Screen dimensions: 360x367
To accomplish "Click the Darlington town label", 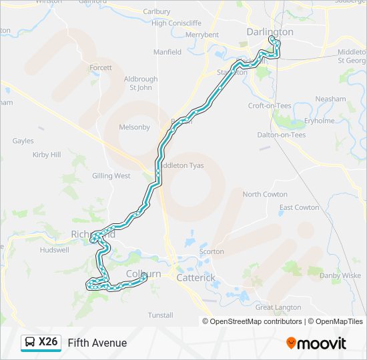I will [270, 32].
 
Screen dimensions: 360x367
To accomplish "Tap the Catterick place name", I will [196, 277].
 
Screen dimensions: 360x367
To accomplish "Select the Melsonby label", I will [134, 127].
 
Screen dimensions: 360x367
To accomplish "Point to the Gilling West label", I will [111, 176].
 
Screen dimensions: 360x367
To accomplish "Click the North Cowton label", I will [265, 194].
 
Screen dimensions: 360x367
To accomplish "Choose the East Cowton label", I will [299, 207].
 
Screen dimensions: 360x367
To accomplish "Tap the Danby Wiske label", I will [340, 275].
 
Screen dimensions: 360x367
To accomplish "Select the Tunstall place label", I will [160, 315].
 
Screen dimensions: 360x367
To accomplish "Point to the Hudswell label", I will [54, 251].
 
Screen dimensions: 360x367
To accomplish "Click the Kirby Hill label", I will [47, 155].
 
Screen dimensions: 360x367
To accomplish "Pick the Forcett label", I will [101, 68].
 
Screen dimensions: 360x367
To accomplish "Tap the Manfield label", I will [167, 52].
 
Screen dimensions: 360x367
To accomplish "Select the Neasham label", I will [330, 99].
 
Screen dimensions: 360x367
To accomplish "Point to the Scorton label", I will [212, 251].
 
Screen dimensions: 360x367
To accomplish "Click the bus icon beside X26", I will [31, 343].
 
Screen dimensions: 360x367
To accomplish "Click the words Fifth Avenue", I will [97, 343].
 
